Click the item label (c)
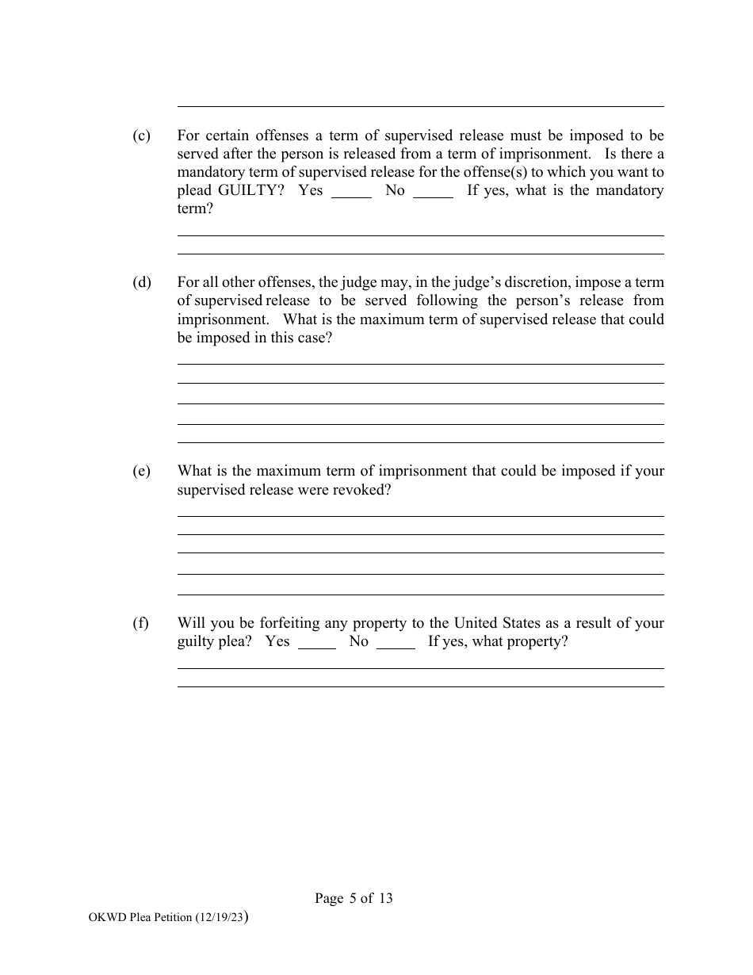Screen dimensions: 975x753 pos(141,136)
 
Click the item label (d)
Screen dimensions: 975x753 pos(141,282)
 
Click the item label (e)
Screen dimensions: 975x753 pos(141,471)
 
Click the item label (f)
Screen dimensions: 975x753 pos(140,623)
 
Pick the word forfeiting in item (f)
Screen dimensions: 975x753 pos(291,623)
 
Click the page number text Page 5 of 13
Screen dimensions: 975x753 pos(354,898)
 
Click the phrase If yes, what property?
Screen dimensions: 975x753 pos(498,641)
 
